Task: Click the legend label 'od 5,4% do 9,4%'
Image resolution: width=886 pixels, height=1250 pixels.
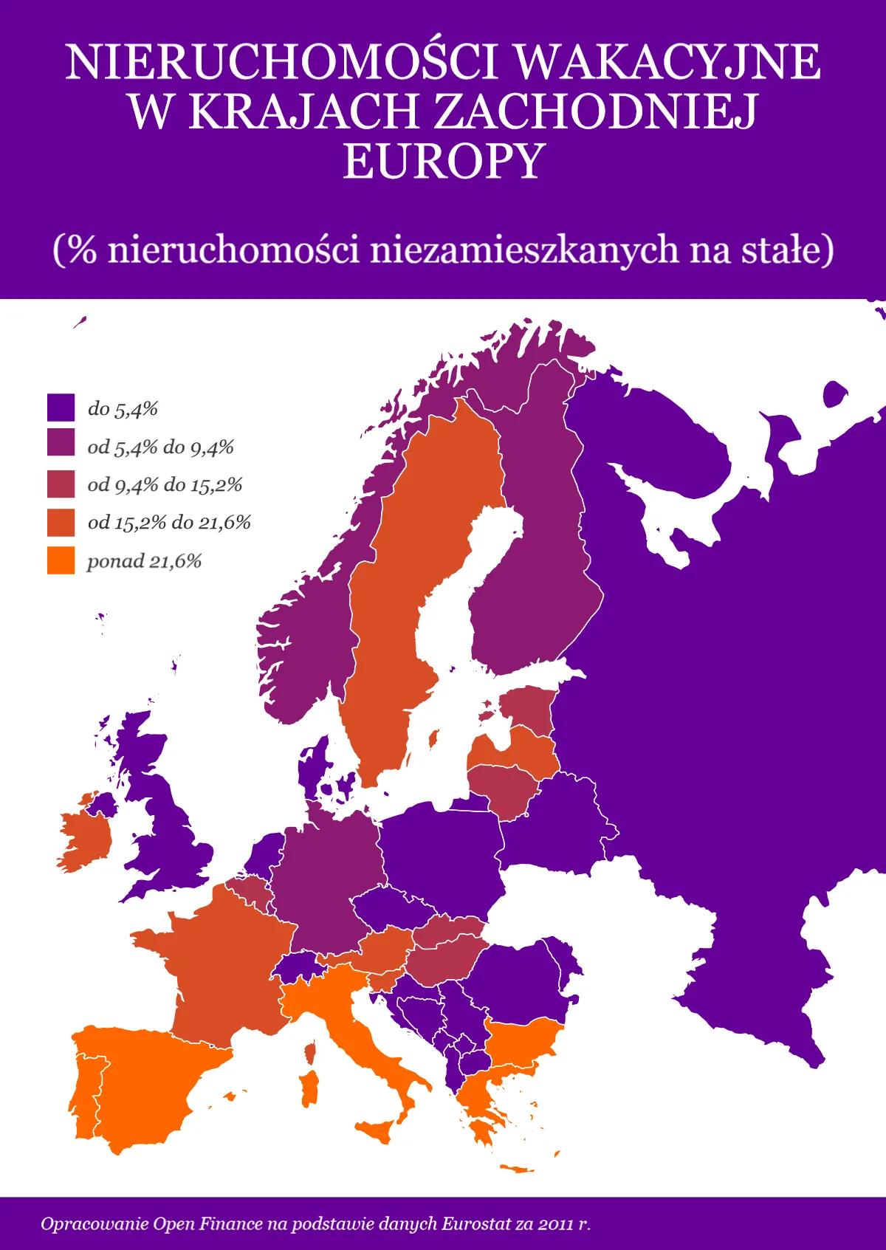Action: point(160,447)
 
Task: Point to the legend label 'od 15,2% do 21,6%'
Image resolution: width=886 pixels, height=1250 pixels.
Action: point(169,523)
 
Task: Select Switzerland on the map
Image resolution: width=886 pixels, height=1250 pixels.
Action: point(299,966)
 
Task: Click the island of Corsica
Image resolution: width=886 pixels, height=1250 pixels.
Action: point(311,1051)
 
